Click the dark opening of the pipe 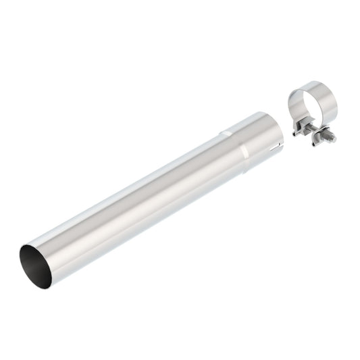click(x=34, y=265)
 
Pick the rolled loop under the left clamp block click(x=298, y=134)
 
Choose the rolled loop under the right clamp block click(x=315, y=141)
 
